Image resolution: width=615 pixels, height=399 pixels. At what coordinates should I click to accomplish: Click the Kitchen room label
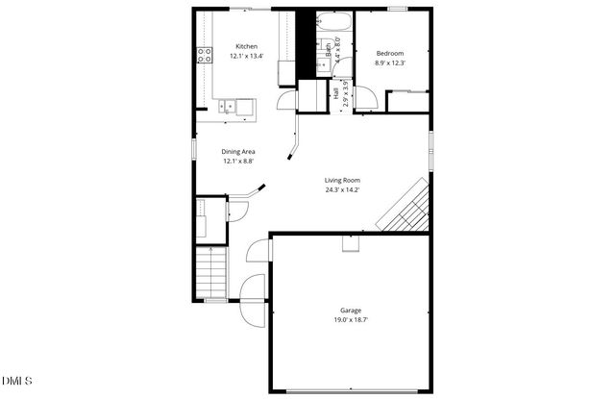(247, 46)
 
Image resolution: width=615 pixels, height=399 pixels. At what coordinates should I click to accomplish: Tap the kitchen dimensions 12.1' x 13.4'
(247, 57)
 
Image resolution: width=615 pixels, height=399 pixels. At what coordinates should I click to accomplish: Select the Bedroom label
(389, 53)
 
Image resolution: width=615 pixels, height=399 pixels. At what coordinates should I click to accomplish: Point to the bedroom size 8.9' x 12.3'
(389, 63)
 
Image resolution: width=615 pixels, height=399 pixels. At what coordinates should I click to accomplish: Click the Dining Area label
(238, 152)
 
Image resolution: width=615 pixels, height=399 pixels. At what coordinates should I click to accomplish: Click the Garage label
(351, 310)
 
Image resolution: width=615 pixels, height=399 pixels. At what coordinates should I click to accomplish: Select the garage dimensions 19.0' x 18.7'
(351, 319)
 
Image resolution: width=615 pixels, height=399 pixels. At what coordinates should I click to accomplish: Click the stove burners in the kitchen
(205, 55)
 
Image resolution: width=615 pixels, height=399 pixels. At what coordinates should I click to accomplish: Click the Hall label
(336, 95)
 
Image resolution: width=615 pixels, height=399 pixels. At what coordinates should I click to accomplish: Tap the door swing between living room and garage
(258, 252)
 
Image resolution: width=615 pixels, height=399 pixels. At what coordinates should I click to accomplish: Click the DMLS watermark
(16, 382)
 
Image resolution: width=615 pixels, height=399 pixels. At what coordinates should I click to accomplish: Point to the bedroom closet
(408, 103)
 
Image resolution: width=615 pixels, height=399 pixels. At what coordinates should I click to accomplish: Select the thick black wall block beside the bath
(307, 43)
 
